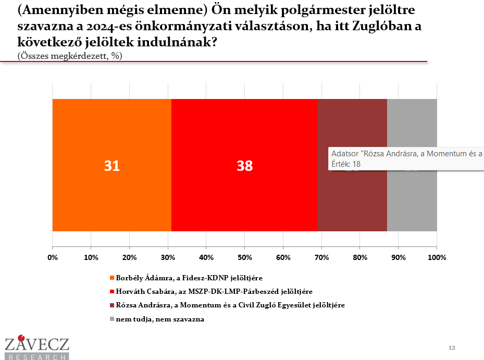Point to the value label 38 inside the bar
(244, 166)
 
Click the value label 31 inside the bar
(112, 166)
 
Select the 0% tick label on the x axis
(53, 257)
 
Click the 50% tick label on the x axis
(245, 257)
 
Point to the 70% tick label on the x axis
(321, 257)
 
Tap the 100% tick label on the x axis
(437, 257)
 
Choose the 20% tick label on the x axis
(129, 257)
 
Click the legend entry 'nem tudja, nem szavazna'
(160, 319)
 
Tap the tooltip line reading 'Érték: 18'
(346, 164)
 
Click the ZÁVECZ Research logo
(36, 348)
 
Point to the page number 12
(452, 347)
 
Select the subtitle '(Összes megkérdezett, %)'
(70, 56)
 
